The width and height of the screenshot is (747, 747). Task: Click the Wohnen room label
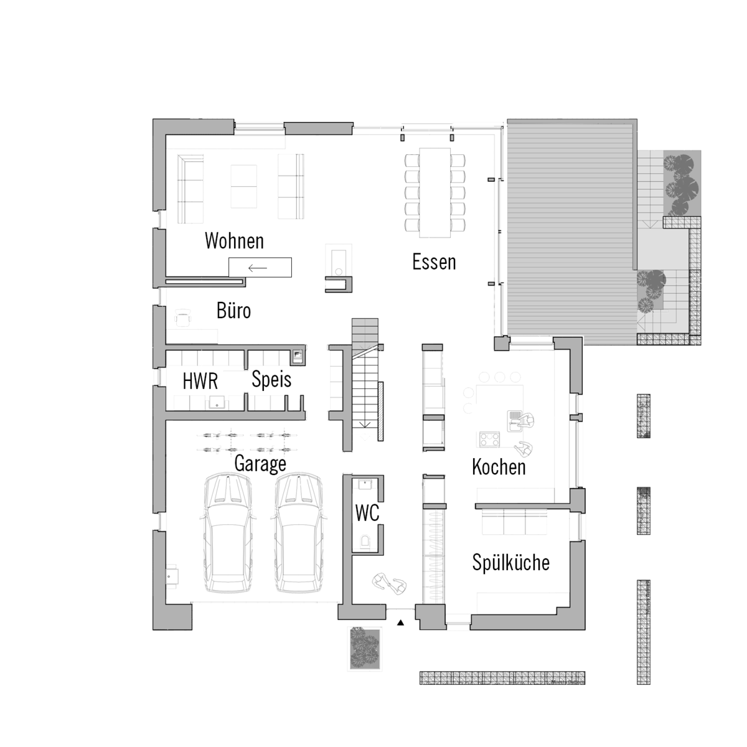(x=234, y=241)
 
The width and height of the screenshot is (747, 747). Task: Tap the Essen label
(x=434, y=262)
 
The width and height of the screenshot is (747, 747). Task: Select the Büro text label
(x=233, y=311)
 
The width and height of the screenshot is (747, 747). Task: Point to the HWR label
(x=200, y=381)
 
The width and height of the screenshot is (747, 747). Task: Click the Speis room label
(x=271, y=379)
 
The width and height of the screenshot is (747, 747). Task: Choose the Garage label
(x=260, y=464)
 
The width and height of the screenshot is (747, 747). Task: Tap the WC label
(x=367, y=513)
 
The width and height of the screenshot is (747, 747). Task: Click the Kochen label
(x=499, y=467)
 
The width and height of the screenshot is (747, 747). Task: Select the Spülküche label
(x=510, y=562)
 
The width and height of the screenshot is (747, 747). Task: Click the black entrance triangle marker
(x=400, y=623)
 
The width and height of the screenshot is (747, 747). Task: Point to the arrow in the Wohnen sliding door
(x=257, y=268)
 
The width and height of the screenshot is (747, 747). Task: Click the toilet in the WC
(x=365, y=541)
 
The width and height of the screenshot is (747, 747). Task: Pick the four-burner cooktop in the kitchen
(x=490, y=439)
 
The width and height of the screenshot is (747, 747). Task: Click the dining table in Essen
(x=435, y=192)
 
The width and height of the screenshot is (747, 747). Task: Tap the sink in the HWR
(x=217, y=402)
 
